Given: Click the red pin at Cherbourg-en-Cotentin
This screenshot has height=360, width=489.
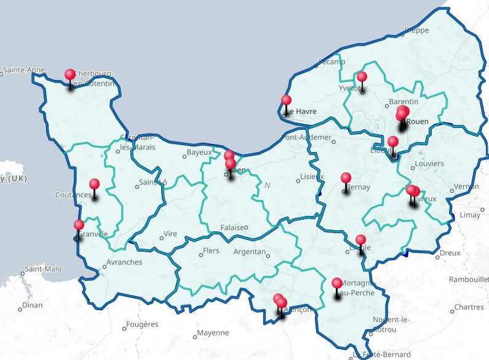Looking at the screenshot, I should [70, 75].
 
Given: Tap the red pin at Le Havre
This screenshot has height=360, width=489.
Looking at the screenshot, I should [286, 100].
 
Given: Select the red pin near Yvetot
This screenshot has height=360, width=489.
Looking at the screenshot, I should [362, 77].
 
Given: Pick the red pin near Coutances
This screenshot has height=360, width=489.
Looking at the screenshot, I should [94, 184].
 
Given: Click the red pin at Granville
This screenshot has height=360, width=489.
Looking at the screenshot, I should [79, 225].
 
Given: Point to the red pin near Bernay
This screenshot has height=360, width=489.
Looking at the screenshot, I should [346, 178].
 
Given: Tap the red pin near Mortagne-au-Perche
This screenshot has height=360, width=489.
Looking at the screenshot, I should [336, 284].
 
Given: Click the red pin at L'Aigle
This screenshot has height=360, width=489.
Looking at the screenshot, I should [360, 240].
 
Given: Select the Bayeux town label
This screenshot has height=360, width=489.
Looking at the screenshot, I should [199, 152].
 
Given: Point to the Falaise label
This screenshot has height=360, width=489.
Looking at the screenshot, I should [232, 228].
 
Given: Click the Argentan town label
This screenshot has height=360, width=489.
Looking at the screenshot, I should [250, 252].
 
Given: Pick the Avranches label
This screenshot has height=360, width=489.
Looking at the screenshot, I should [124, 262].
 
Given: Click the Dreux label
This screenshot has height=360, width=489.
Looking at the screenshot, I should [450, 253].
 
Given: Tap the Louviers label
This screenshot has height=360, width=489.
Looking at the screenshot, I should [429, 164].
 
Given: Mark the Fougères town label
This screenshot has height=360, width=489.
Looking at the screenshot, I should [141, 324].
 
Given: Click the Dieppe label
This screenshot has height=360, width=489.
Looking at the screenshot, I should [416, 30].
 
